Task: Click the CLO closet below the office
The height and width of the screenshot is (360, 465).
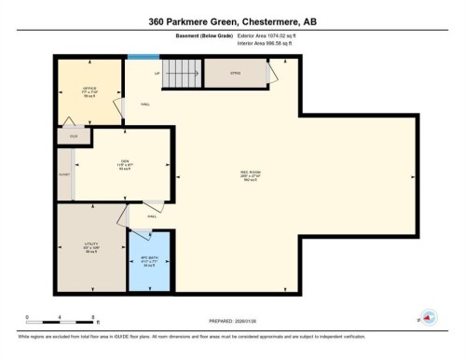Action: click(73, 136)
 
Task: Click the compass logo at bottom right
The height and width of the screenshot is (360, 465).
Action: click(428, 317)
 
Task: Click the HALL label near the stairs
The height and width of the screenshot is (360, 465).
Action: click(146, 104)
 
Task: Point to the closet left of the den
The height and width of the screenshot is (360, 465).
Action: click(64, 173)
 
